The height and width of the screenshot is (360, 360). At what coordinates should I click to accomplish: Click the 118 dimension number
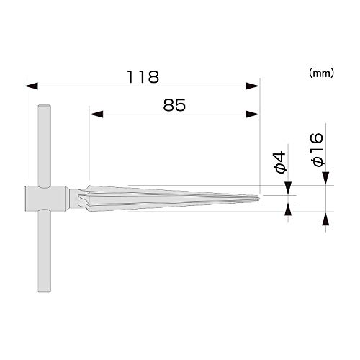(x=143, y=77)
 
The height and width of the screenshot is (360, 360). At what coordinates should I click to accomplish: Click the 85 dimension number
(x=174, y=105)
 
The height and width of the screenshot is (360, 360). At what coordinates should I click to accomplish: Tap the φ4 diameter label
(x=280, y=162)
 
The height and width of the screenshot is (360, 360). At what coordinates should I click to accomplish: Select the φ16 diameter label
(x=318, y=150)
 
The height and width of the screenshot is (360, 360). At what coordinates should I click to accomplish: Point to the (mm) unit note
(x=321, y=73)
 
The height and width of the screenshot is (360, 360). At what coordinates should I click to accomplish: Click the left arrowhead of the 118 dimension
(x=31, y=86)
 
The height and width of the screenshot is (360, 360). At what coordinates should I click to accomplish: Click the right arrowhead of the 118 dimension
(x=253, y=86)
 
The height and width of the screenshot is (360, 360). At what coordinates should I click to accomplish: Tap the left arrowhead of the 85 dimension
(x=96, y=114)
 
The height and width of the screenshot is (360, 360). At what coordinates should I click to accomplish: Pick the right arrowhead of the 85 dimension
(x=253, y=114)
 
